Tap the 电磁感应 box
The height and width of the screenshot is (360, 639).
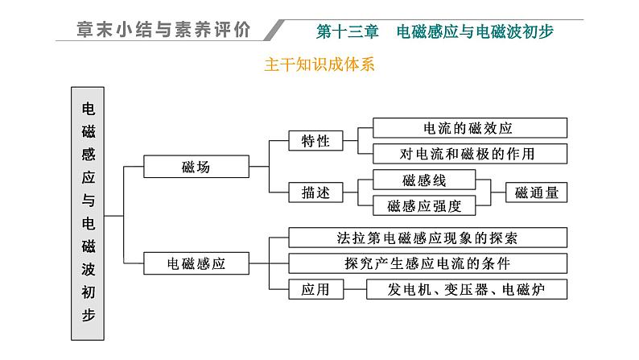[196, 263]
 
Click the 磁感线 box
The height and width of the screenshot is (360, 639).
[424, 180]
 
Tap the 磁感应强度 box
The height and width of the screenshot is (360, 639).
[424, 205]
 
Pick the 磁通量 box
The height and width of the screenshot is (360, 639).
[536, 192]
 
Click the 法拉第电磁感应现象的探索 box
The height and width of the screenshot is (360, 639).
[427, 238]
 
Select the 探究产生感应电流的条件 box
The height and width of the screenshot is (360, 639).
[427, 263]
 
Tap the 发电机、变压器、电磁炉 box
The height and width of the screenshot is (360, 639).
[467, 288]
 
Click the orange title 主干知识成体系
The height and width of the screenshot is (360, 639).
[319, 64]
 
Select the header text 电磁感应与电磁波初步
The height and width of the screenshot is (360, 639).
[475, 31]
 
